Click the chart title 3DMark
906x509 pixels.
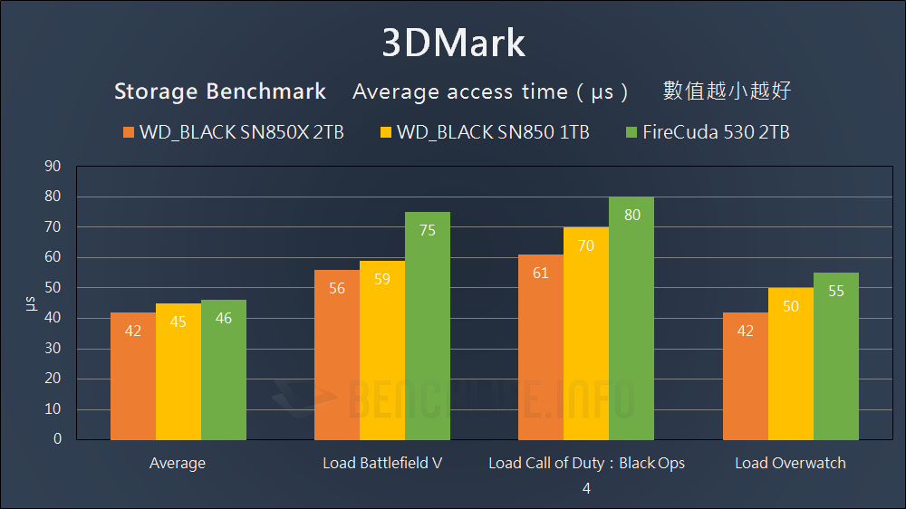(x=453, y=43)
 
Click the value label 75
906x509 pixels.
(x=428, y=230)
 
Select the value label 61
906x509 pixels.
(x=541, y=273)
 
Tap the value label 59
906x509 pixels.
(x=382, y=279)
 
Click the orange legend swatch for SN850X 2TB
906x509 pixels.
(x=128, y=133)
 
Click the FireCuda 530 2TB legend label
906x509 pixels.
(x=716, y=133)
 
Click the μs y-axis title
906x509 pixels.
(x=30, y=303)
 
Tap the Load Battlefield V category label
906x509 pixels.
(x=382, y=463)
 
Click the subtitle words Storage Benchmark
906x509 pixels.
(x=220, y=91)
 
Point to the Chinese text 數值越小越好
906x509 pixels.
(x=728, y=91)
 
